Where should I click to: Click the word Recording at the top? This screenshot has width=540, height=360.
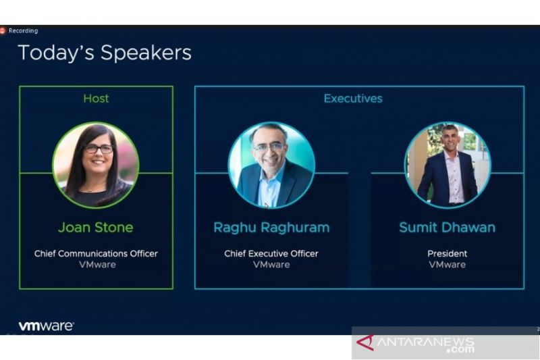click(24, 30)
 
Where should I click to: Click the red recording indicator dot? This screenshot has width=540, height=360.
click(2, 30)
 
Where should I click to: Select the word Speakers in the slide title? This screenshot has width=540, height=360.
click(146, 53)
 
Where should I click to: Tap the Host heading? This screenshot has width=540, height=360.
click(96, 99)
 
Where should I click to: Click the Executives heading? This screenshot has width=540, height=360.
click(353, 99)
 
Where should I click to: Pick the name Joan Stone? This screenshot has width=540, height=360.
click(96, 228)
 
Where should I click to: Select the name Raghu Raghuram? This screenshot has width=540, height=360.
click(271, 228)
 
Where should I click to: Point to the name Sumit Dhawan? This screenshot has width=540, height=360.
click(447, 228)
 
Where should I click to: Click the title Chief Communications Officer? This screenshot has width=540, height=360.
click(96, 253)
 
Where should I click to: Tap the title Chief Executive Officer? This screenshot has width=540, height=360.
click(271, 253)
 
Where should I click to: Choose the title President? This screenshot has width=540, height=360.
click(447, 253)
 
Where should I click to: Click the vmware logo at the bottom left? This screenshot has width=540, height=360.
click(46, 326)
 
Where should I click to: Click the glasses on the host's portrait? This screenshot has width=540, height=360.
click(99, 149)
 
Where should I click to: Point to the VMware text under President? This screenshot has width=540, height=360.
click(447, 265)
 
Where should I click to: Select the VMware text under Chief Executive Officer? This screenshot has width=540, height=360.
click(271, 265)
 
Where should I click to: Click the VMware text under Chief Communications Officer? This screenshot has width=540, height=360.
click(97, 265)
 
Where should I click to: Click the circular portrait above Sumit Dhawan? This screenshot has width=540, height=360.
click(448, 165)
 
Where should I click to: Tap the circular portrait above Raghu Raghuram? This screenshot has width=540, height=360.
click(271, 165)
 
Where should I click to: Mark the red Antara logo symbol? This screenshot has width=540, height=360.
click(365, 342)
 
